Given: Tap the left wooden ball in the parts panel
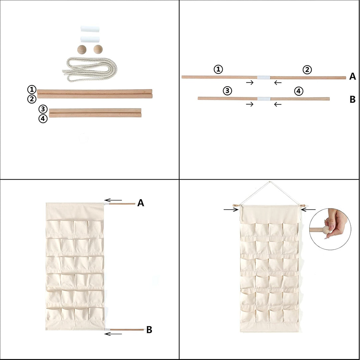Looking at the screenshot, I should (82, 49).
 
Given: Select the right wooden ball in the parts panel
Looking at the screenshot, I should (98, 49).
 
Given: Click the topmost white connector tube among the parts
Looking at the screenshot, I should (90, 29).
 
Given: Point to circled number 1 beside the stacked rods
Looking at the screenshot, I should (32, 89).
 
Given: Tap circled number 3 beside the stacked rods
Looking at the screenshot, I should (43, 109).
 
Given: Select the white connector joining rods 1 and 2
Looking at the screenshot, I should (263, 77).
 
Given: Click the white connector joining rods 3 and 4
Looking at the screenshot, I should (264, 99).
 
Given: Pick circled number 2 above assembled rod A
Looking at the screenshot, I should (307, 69).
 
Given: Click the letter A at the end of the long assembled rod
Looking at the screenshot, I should (352, 77).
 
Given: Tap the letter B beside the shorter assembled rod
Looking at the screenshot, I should (352, 100).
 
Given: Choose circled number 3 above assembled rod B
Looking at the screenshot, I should (227, 91).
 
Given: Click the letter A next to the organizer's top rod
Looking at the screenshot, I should (141, 203).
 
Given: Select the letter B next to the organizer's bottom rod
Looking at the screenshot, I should (149, 330).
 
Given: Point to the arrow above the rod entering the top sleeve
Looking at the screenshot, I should (113, 200).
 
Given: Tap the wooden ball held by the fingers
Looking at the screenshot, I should (326, 229).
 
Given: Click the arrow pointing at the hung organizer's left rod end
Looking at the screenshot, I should (231, 209).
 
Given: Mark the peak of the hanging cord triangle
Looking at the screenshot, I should (269, 182).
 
